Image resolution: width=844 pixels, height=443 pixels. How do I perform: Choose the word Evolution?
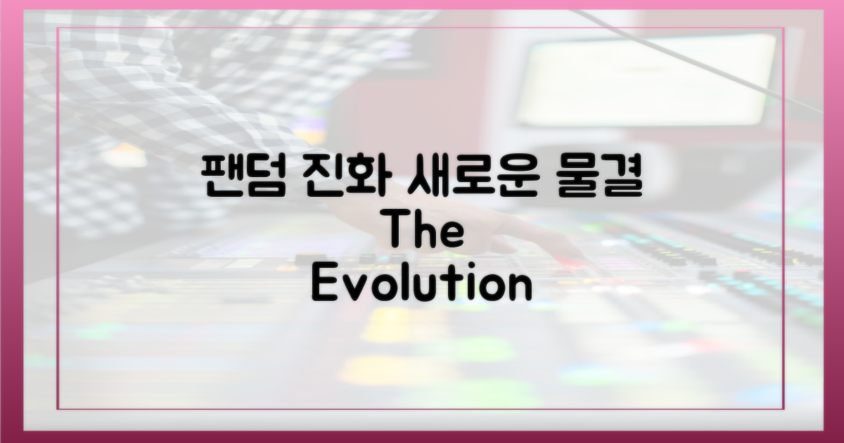click(x=421, y=285)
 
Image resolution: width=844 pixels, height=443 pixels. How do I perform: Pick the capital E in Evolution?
click(x=326, y=285)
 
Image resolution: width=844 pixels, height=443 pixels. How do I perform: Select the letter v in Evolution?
click(x=356, y=288)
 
